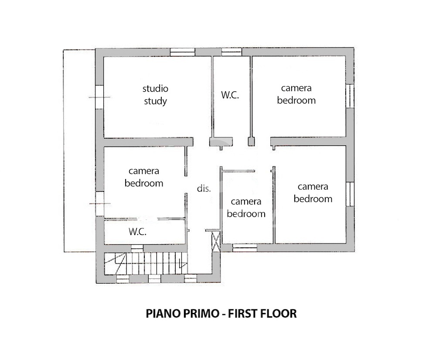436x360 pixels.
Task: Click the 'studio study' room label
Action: point(156,95)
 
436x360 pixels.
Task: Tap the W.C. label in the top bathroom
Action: point(230,95)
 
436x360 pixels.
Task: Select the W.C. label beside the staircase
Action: point(137,231)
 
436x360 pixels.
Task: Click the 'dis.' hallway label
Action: point(204,189)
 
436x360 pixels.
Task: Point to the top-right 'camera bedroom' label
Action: point(296,94)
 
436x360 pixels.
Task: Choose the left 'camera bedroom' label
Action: point(144,177)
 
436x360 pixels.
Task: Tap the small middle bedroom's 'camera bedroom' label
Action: point(246,208)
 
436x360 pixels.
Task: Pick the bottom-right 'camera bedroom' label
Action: point(313,192)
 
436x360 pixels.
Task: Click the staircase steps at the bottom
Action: point(146,263)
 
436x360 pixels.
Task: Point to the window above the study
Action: point(182,52)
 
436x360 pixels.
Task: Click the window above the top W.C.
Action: point(232,52)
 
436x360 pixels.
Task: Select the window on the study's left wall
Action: point(99,97)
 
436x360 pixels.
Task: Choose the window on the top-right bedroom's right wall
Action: point(350,96)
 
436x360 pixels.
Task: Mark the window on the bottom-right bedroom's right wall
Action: point(350,194)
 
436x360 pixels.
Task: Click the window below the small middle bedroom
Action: point(245,247)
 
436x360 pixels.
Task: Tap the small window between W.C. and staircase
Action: point(137,247)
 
